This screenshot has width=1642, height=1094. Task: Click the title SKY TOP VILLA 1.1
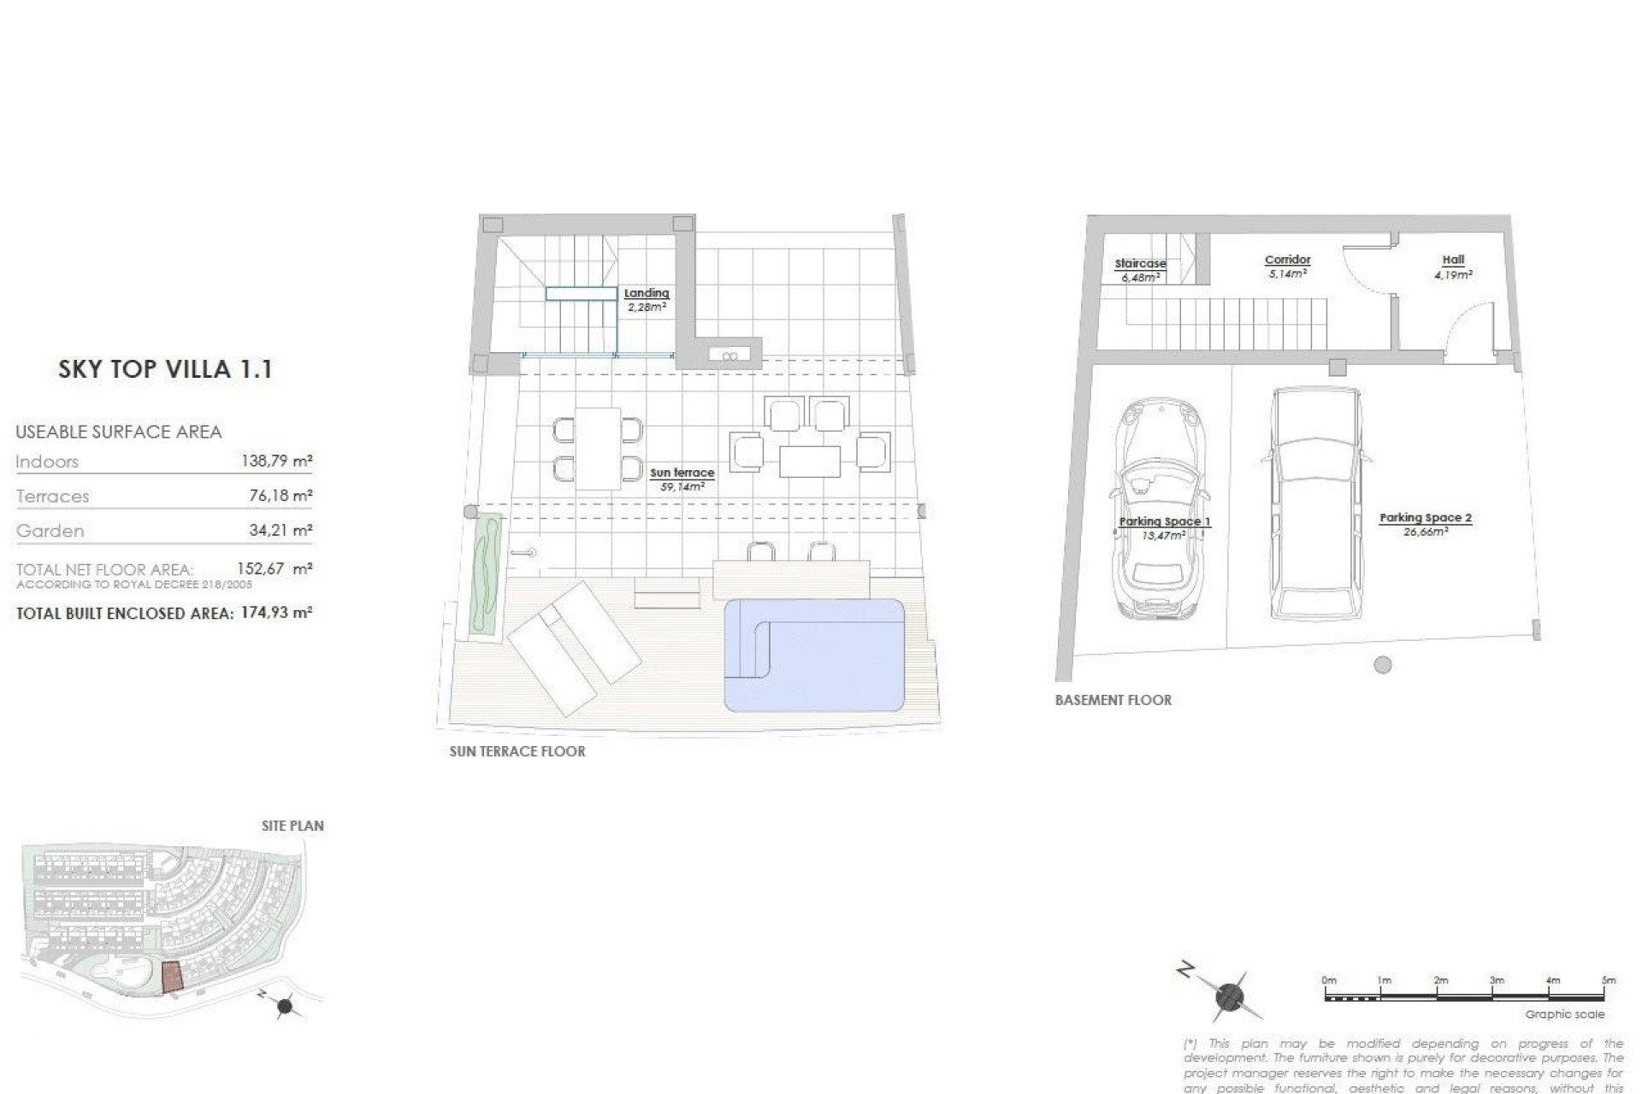[x=165, y=369]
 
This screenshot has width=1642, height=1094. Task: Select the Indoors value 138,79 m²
[x=276, y=462]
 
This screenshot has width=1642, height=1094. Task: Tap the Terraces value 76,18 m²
[x=279, y=496]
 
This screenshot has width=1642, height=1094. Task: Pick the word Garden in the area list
[x=50, y=531]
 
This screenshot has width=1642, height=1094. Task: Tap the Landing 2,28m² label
[x=647, y=299]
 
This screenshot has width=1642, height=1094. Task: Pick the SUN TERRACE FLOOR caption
[x=517, y=751]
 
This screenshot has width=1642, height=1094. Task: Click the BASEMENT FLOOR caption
[x=1113, y=700]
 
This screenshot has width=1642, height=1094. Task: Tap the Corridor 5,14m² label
[x=1287, y=266]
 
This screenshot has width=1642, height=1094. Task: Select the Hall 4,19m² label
[x=1453, y=267]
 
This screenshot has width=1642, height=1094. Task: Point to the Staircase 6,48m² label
[x=1140, y=270]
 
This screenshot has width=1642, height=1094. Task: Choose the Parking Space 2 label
[x=1425, y=523]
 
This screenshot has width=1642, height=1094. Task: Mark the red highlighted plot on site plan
[x=172, y=977]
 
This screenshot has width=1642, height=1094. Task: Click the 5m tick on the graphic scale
[x=1608, y=980]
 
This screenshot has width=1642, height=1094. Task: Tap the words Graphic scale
[x=1564, y=1015]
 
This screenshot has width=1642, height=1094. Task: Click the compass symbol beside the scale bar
[x=1229, y=996]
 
